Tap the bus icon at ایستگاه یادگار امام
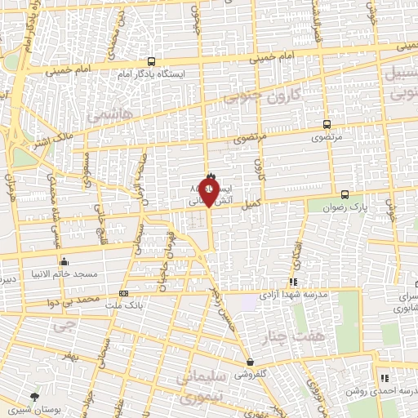151,61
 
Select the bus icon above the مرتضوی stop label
327,125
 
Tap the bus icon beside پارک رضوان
345,194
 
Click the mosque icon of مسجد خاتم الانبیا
65,263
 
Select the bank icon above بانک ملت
124,293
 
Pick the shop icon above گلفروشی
249,362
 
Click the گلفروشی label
253,375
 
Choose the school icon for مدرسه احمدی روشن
384,378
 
